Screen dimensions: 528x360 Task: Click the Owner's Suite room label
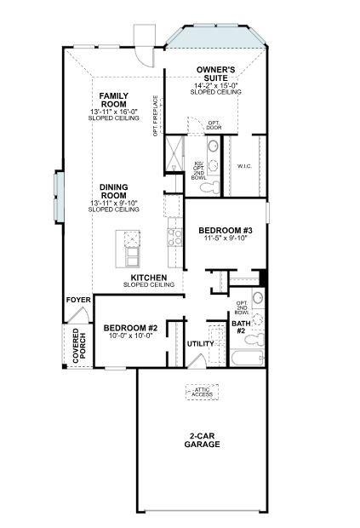(x=215, y=72)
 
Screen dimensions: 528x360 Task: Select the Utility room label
(x=201, y=343)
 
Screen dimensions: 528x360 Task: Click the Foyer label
(x=77, y=300)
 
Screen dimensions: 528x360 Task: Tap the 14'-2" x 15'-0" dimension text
(x=215, y=85)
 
